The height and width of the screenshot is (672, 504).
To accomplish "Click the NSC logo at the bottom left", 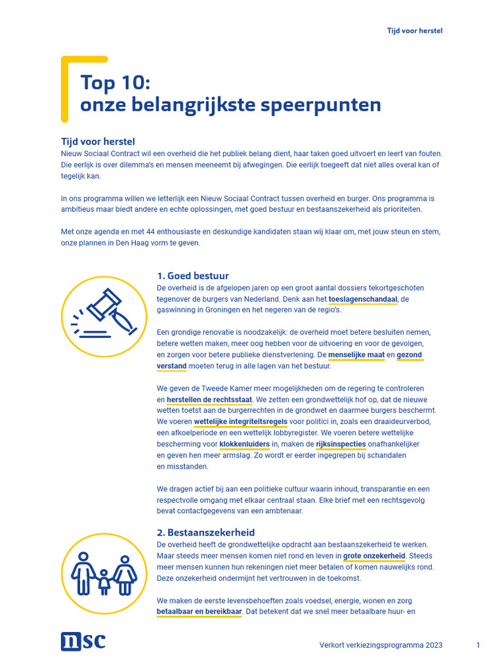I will (x=83, y=641).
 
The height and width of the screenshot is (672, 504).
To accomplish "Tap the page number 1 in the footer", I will (x=478, y=645).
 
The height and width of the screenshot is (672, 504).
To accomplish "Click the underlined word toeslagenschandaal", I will (x=363, y=299).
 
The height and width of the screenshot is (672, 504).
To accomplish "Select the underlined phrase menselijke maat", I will (x=356, y=355).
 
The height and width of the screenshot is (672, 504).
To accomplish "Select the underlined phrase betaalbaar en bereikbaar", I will (x=199, y=612).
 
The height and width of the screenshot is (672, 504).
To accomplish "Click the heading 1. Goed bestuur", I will (x=193, y=276).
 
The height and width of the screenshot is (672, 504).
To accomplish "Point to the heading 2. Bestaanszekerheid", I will (x=206, y=532).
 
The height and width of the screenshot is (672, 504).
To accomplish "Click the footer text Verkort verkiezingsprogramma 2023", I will (x=381, y=645).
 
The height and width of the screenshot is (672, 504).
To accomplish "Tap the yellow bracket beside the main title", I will (x=65, y=89).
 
